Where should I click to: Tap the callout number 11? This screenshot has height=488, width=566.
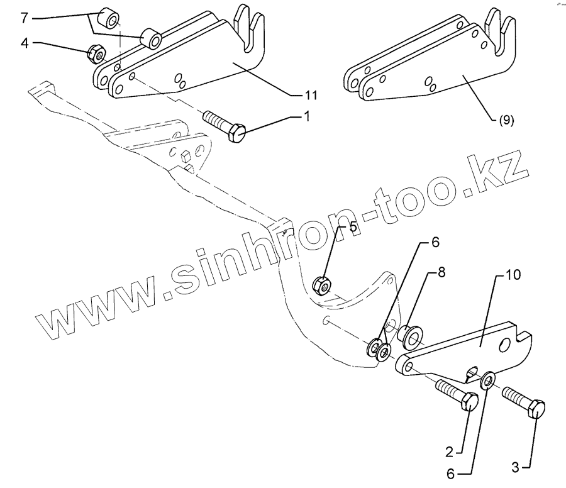[310, 96]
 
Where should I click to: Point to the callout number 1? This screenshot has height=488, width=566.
[307, 117]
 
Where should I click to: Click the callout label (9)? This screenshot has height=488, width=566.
[506, 121]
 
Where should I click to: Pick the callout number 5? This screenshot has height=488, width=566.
[353, 226]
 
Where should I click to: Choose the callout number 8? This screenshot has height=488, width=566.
[442, 274]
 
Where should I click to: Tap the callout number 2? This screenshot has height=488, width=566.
[449, 452]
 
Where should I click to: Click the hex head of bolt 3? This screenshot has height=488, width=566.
[536, 409]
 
